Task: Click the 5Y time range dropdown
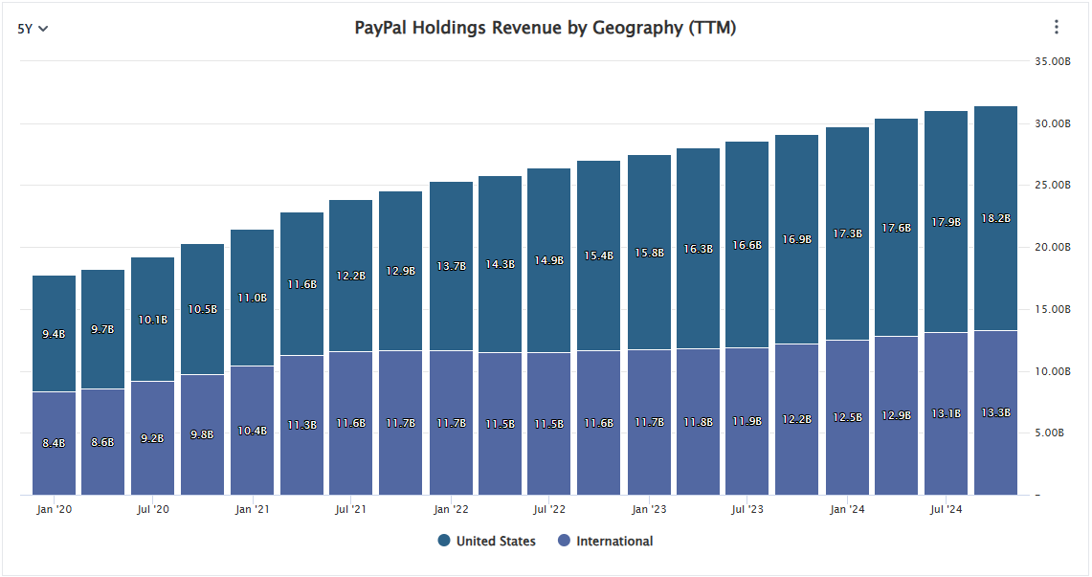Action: [33, 28]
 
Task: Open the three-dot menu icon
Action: [1057, 27]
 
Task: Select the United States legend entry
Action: [486, 541]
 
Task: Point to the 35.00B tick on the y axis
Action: [1052, 61]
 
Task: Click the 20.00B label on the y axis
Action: [1052, 247]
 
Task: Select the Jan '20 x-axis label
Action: [55, 509]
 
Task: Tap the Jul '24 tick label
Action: [947, 509]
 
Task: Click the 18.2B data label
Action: [995, 218]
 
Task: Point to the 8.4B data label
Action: [54, 443]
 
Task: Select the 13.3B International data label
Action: [995, 412]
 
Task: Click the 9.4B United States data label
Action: [54, 334]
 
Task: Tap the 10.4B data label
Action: [252, 431]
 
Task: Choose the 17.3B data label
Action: [847, 233]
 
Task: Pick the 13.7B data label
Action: [451, 265]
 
